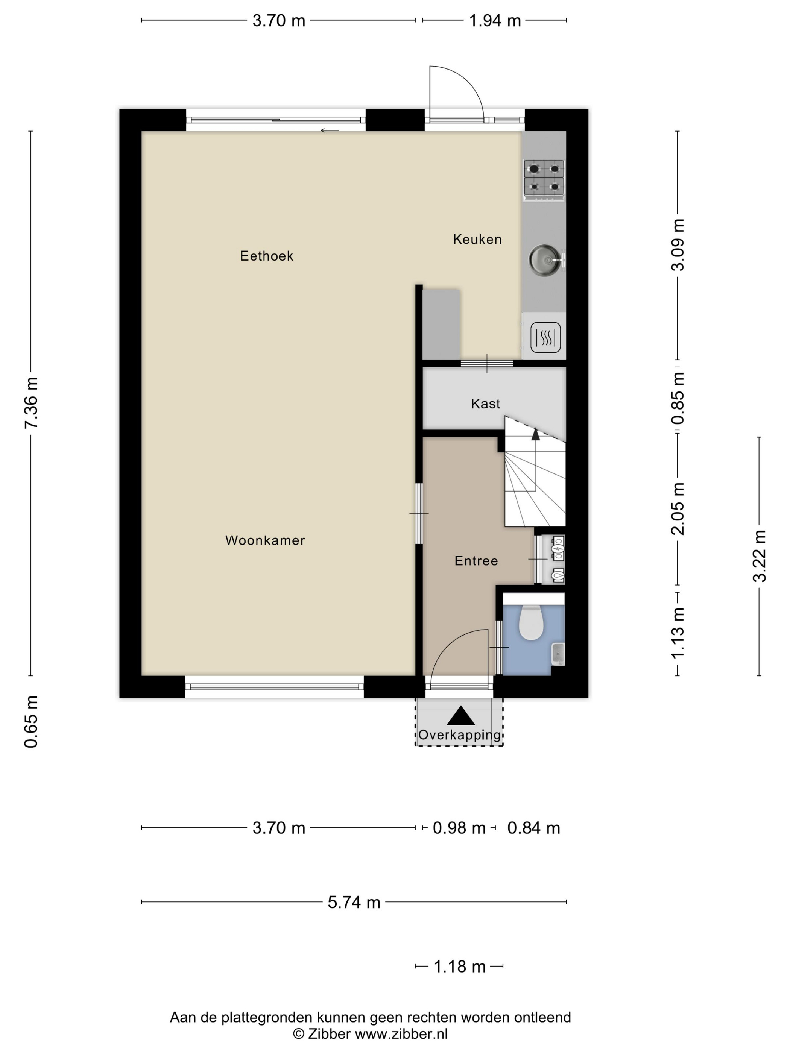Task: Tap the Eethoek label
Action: [266, 256]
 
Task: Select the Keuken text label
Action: [477, 240]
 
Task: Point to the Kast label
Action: [485, 404]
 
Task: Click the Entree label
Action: [476, 561]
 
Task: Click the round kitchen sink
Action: [544, 260]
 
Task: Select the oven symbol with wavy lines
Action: [545, 337]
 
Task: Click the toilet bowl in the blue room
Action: [530, 623]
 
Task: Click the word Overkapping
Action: [460, 735]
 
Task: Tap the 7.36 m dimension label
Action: [32, 403]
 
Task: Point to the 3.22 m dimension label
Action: [760, 556]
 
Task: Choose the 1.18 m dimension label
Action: [459, 967]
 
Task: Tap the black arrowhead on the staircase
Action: [536, 434]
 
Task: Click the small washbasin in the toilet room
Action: [558, 654]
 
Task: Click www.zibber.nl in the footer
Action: [401, 1033]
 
